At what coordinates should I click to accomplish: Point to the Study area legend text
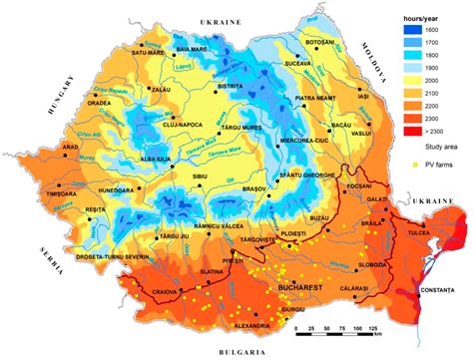click(438, 148)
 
